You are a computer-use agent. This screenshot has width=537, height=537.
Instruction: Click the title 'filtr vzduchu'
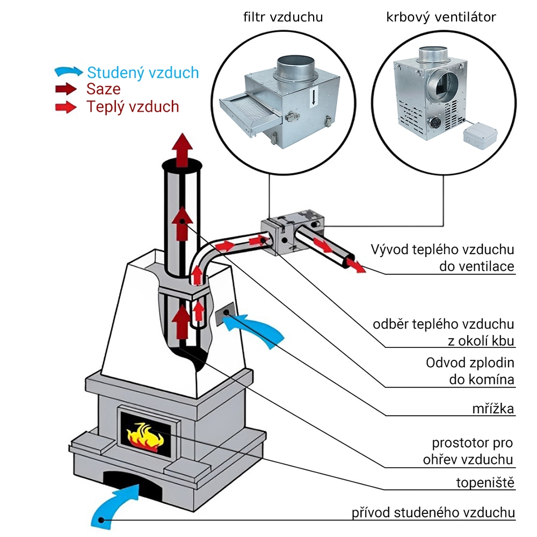pos(283,17)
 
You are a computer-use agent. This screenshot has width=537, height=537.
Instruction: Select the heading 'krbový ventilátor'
pos(441,17)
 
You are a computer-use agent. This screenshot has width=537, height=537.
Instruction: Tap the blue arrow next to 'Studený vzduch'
pos(69,71)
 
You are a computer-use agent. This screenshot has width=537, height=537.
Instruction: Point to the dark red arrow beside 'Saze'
pos(66,89)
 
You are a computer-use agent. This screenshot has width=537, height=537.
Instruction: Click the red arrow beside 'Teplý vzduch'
pos(66,107)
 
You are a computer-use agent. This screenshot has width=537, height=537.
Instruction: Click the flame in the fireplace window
pos(145,438)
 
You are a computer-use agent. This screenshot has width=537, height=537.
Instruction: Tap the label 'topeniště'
pos(485,483)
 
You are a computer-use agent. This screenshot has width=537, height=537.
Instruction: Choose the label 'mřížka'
pos(493,409)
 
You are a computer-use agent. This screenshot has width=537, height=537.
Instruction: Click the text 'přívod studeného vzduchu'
pos(433,513)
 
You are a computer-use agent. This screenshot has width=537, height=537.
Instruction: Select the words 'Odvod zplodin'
pos(470,362)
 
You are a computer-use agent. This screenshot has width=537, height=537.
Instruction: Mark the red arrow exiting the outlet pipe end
pos(356,265)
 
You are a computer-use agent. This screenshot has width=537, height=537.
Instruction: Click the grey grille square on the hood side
pos(224,314)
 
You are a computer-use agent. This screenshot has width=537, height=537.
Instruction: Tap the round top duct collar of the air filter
pos(295,69)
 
